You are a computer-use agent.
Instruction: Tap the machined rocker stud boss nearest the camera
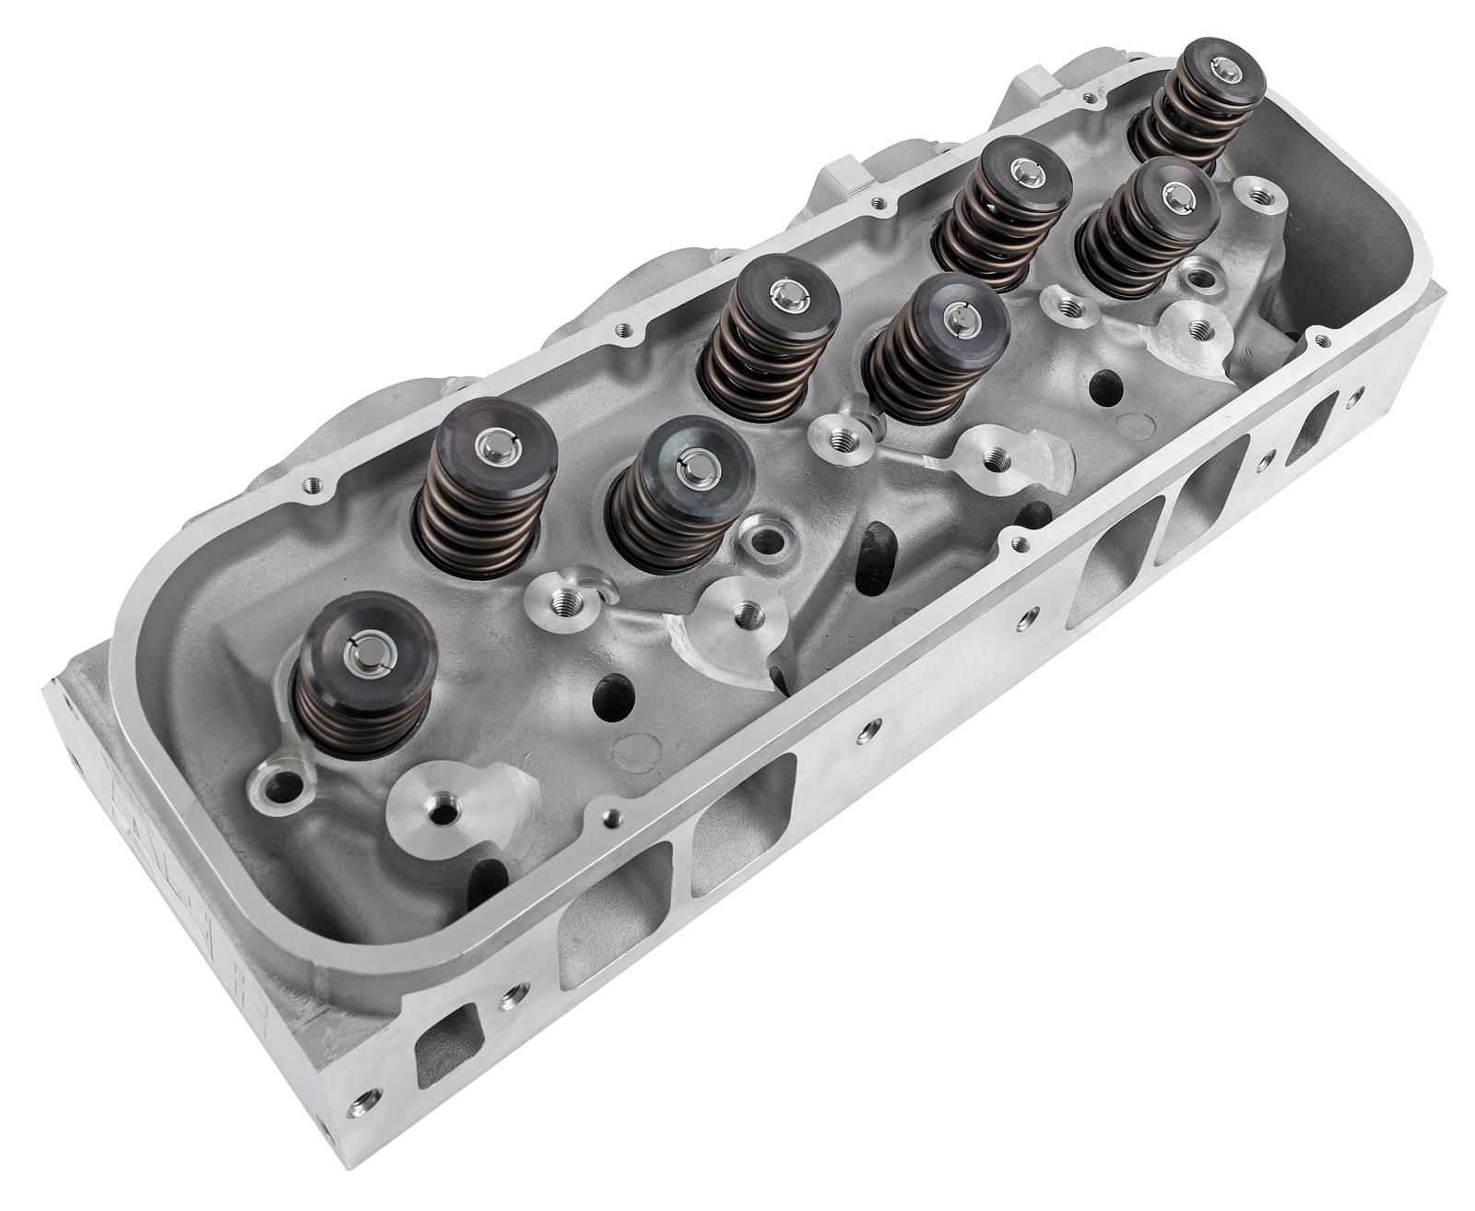point(453,807)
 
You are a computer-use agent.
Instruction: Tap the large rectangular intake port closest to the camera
point(613,909)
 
